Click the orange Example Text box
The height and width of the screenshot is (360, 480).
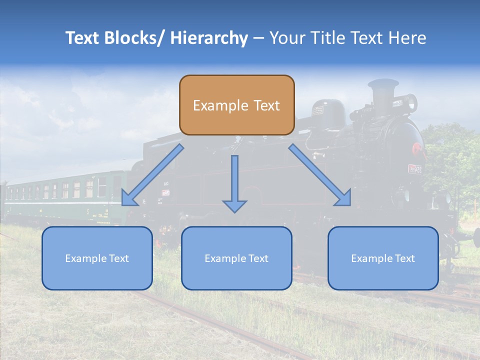click(x=236, y=105)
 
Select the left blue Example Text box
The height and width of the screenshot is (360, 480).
click(x=97, y=258)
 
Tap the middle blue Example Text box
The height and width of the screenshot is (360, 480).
click(x=236, y=258)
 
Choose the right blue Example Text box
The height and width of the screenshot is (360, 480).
click(x=383, y=258)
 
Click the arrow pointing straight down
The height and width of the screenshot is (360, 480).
click(x=234, y=183)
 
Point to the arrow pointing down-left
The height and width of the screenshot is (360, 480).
click(x=152, y=175)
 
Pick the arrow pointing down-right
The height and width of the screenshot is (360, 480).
click(x=320, y=175)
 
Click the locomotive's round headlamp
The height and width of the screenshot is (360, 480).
click(x=410, y=103)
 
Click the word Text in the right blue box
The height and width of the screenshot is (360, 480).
click(x=404, y=258)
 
